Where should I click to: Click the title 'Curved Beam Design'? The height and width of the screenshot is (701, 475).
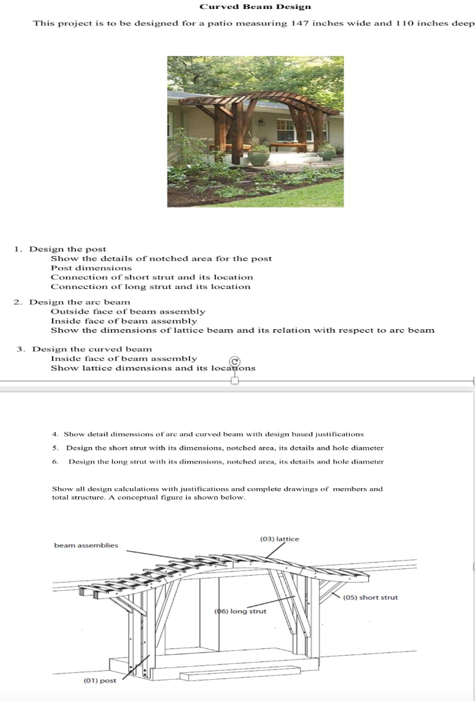pyautogui.click(x=255, y=6)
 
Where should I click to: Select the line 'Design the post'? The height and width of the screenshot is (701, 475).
pyautogui.click(x=67, y=249)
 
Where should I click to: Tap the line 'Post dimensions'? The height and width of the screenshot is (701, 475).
pyautogui.click(x=91, y=268)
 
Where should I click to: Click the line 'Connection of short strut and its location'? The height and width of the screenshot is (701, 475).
pyautogui.click(x=151, y=277)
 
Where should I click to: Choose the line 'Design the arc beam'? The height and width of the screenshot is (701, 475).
pyautogui.click(x=79, y=302)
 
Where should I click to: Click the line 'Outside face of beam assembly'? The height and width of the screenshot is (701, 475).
pyautogui.click(x=127, y=311)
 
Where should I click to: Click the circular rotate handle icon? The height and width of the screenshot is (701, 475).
pyautogui.click(x=235, y=361)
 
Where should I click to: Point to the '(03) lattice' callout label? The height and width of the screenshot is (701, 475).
pyautogui.click(x=279, y=539)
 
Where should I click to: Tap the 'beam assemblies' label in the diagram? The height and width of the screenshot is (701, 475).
pyautogui.click(x=86, y=546)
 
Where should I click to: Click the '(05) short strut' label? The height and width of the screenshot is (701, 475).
pyautogui.click(x=370, y=598)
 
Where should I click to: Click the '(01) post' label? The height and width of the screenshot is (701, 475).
pyautogui.click(x=100, y=680)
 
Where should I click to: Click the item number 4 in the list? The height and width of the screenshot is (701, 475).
pyautogui.click(x=55, y=434)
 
